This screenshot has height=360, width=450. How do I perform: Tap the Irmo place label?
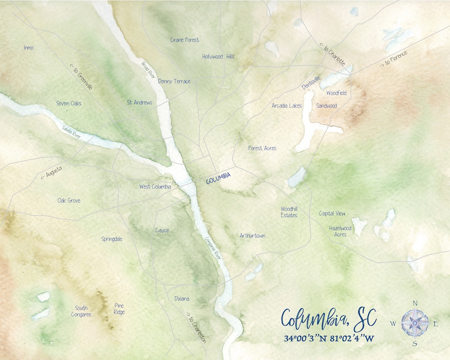(28, 48)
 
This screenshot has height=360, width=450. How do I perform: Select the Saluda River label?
(72, 132)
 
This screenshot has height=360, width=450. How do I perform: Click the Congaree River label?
(213, 249)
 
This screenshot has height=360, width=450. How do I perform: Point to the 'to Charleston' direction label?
(195, 327)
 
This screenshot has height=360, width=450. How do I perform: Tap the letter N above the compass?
(415, 303)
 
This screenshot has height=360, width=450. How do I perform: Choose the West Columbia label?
(155, 187)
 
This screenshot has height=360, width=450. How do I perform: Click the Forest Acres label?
(262, 148)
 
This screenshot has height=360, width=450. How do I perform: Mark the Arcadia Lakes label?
(287, 105)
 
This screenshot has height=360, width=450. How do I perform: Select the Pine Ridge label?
(119, 309)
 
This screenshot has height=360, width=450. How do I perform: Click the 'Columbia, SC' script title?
(329, 319)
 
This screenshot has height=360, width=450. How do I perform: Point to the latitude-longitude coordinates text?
(329, 338)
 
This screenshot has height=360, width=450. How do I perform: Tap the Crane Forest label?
(185, 40)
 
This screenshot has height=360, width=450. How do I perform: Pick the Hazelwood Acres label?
(340, 231)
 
